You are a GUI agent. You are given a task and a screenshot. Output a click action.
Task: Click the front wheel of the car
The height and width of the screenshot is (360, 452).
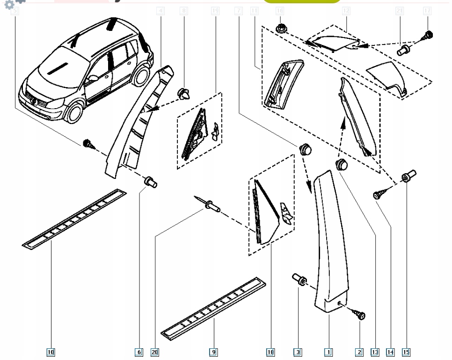point(73,112)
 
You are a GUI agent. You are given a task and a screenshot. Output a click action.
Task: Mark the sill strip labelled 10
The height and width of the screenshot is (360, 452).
point(75,218)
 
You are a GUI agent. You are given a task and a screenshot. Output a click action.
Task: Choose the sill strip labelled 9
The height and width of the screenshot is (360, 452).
point(213,307)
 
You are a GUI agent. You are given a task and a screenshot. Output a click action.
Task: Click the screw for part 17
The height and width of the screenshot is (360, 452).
point(427,35)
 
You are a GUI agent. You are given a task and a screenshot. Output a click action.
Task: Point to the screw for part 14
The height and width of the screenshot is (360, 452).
point(378,194)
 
